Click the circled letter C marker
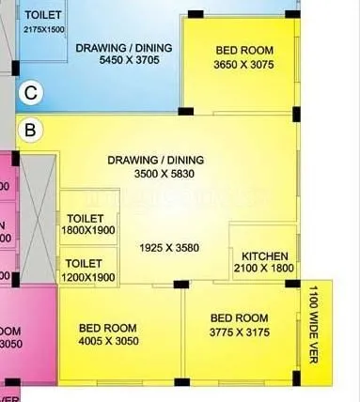pyautogui.click(x=31, y=92)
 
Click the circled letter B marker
pyautogui.click(x=30, y=131)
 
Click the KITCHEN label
pyautogui.click(x=264, y=256)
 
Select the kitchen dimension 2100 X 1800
pyautogui.click(x=264, y=269)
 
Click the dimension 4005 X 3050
pyautogui.click(x=109, y=340)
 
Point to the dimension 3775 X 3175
pyautogui.click(x=240, y=332)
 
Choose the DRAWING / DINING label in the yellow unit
pyautogui.click(x=155, y=160)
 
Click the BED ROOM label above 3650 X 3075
pyautogui.click(x=244, y=50)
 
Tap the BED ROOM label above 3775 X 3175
pyautogui.click(x=240, y=317)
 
